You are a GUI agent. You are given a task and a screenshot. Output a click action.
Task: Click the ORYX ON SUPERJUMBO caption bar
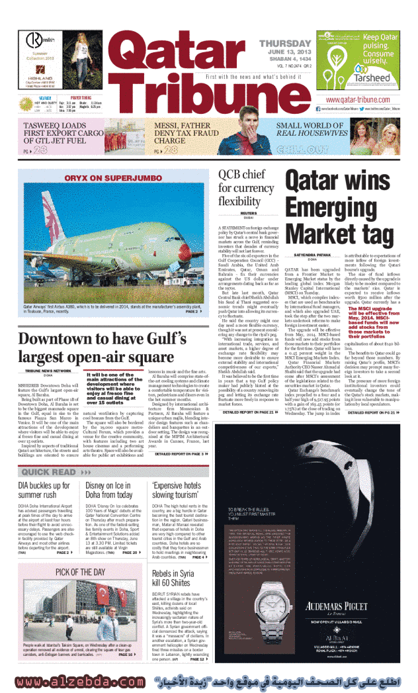click(x=110, y=177)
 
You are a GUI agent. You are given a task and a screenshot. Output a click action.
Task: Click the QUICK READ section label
click(x=50, y=472)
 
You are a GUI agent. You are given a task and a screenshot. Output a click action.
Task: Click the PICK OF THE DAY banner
click(x=81, y=572)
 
